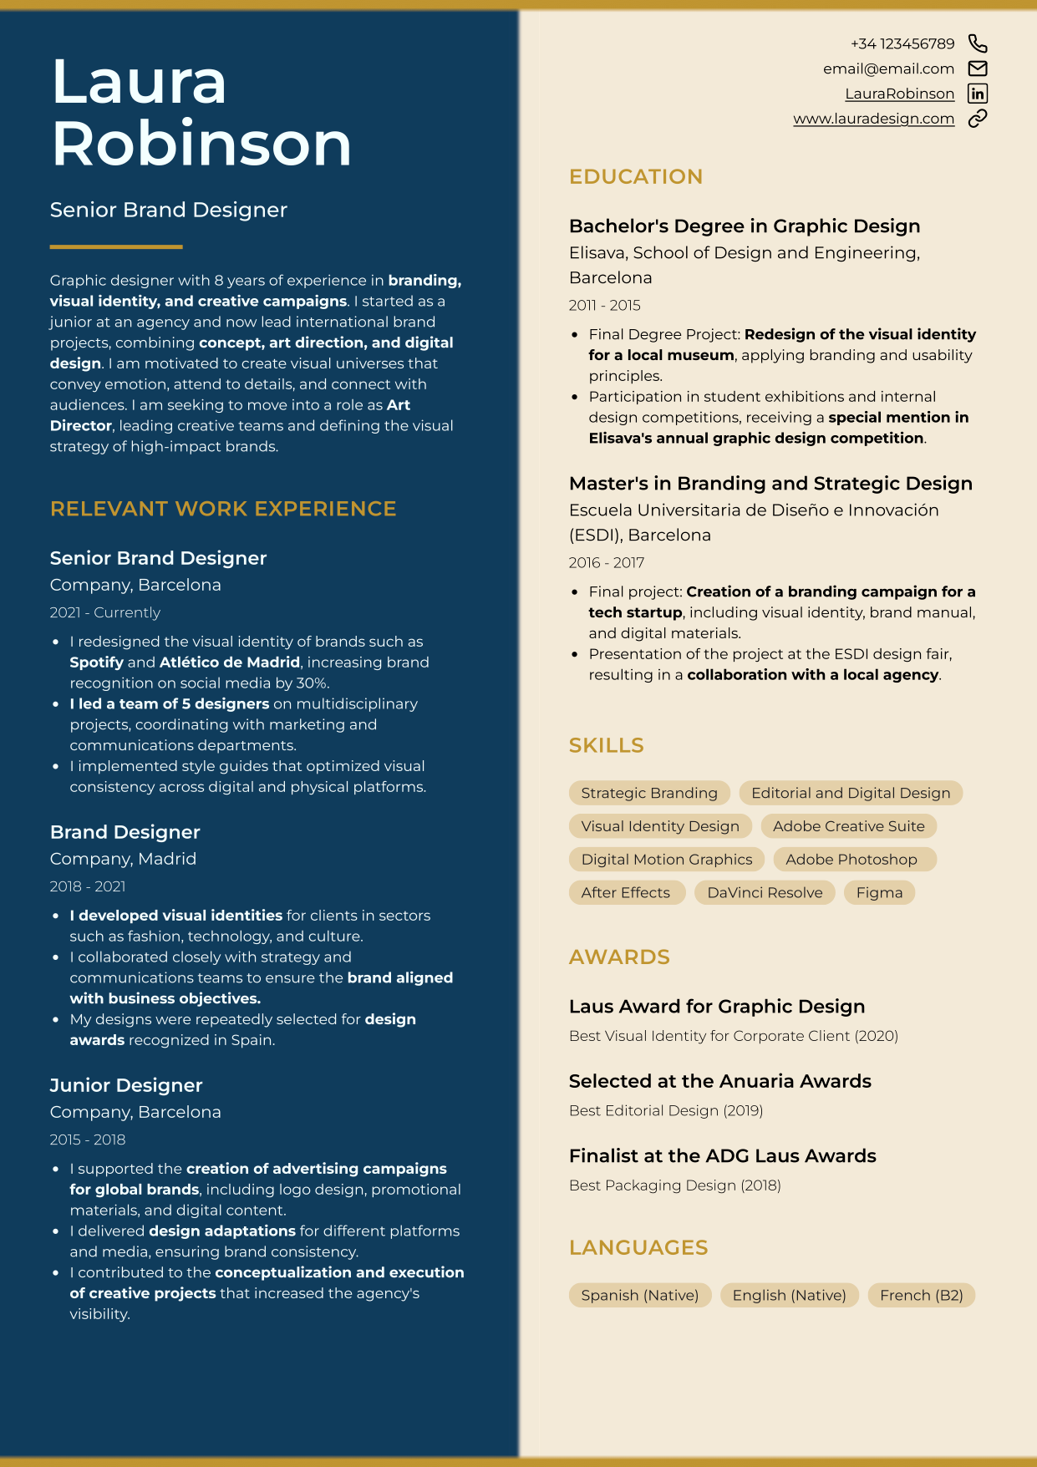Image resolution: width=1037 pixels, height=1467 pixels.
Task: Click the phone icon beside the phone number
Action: pos(977,43)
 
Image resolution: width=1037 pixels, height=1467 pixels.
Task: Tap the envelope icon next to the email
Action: pos(977,69)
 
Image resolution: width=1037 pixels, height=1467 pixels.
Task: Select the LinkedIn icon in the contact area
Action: pos(977,94)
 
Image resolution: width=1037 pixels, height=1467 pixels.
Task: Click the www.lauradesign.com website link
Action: pos(873,119)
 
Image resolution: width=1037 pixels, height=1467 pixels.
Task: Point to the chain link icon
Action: pos(977,119)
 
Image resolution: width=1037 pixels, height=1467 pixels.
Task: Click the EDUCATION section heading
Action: pos(635,176)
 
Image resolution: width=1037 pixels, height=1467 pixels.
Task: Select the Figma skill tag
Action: pos(879,892)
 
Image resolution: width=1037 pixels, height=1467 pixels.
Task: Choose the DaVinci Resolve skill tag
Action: pos(765,892)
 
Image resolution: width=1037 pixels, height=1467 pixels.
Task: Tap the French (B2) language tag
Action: pos(921,1295)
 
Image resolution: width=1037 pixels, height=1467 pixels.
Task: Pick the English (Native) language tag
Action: pos(789,1295)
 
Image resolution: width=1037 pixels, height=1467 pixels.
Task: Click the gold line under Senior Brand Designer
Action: pos(116,246)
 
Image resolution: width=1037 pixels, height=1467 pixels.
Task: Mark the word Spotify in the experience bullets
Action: pos(96,662)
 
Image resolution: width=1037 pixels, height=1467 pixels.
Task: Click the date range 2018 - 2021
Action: pos(88,886)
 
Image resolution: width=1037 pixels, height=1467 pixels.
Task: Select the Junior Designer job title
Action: pos(126,1085)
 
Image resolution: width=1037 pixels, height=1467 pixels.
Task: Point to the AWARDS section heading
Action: pos(619,957)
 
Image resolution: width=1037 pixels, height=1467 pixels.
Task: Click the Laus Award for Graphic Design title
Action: pos(716,1007)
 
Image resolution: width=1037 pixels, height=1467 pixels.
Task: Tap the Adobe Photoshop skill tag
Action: pos(851,860)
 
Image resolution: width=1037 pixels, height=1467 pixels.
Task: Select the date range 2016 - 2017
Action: pos(607,562)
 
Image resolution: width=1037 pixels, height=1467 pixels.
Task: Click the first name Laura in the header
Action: pos(139,82)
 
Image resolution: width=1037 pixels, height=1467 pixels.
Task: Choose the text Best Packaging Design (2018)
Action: pos(674,1185)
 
